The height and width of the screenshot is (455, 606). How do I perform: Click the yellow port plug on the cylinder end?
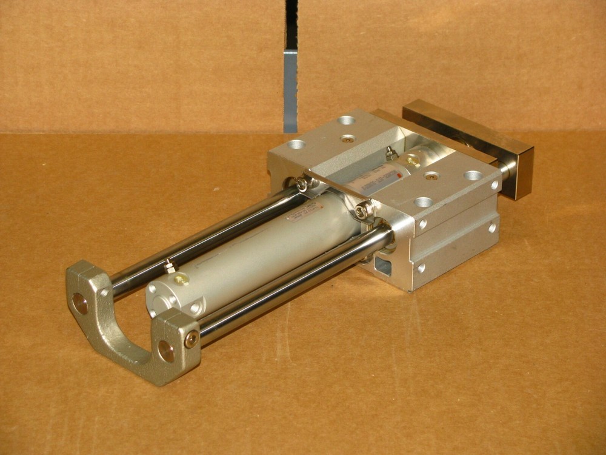(181, 280)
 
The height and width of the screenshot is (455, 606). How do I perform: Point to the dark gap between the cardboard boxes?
(291, 67)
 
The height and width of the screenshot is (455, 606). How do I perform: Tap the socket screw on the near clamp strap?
(362, 211)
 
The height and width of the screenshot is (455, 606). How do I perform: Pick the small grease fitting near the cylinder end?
(168, 266)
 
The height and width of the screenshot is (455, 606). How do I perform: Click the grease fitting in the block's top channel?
(391, 153)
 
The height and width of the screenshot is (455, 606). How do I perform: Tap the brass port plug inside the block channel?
(413, 161)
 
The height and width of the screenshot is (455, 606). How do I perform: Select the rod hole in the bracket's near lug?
(165, 351)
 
